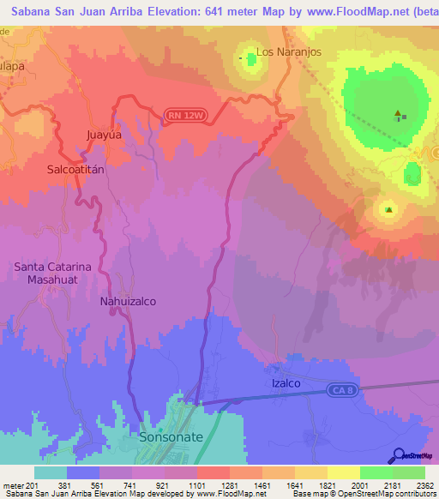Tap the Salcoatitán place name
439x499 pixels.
(x=75, y=170)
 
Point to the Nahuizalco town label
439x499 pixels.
(x=128, y=302)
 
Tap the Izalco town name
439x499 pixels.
(x=286, y=383)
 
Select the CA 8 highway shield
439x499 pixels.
(x=340, y=390)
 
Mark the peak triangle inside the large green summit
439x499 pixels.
(x=397, y=113)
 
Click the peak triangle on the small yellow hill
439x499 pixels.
(x=389, y=209)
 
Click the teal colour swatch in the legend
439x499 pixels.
(x=51, y=472)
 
